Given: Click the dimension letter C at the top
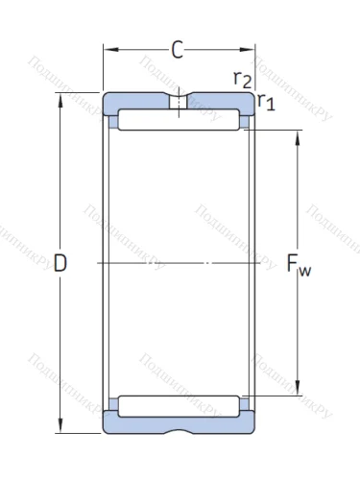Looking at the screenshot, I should point(178,51).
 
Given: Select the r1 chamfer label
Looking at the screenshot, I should point(266,103).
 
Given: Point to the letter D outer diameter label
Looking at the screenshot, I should point(60,263).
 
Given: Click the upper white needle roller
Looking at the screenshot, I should point(178,122).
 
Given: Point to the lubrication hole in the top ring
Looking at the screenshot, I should point(179,103).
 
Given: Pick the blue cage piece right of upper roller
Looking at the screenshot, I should point(246,122).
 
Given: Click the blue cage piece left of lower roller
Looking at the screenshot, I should point(111,403).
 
